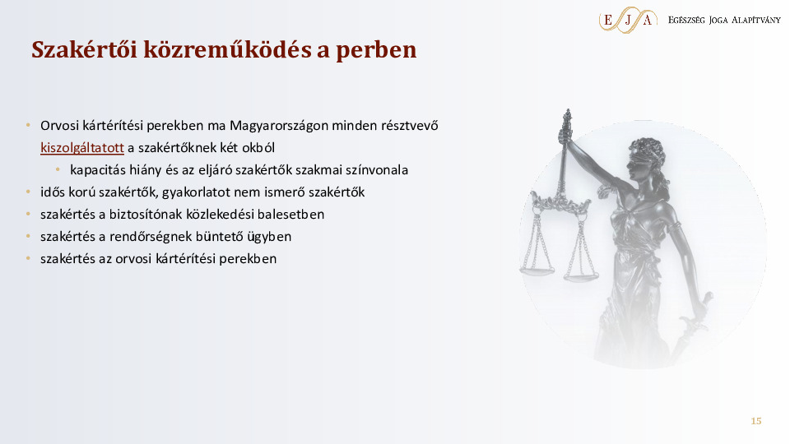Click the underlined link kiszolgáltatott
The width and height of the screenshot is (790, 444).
tap(81, 148)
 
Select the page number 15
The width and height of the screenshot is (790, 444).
tap(756, 421)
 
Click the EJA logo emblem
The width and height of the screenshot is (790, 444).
tap(628, 19)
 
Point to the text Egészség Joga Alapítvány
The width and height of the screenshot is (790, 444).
tap(724, 19)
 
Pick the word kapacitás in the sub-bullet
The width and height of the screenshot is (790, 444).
tap(97, 170)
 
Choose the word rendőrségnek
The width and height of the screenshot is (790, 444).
tap(140, 237)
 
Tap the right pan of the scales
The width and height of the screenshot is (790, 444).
tap(581, 276)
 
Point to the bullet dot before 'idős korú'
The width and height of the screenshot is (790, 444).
tap(27, 192)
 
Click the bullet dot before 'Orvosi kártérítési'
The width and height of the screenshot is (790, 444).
tap(27, 126)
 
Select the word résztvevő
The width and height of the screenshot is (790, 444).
tap(409, 126)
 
